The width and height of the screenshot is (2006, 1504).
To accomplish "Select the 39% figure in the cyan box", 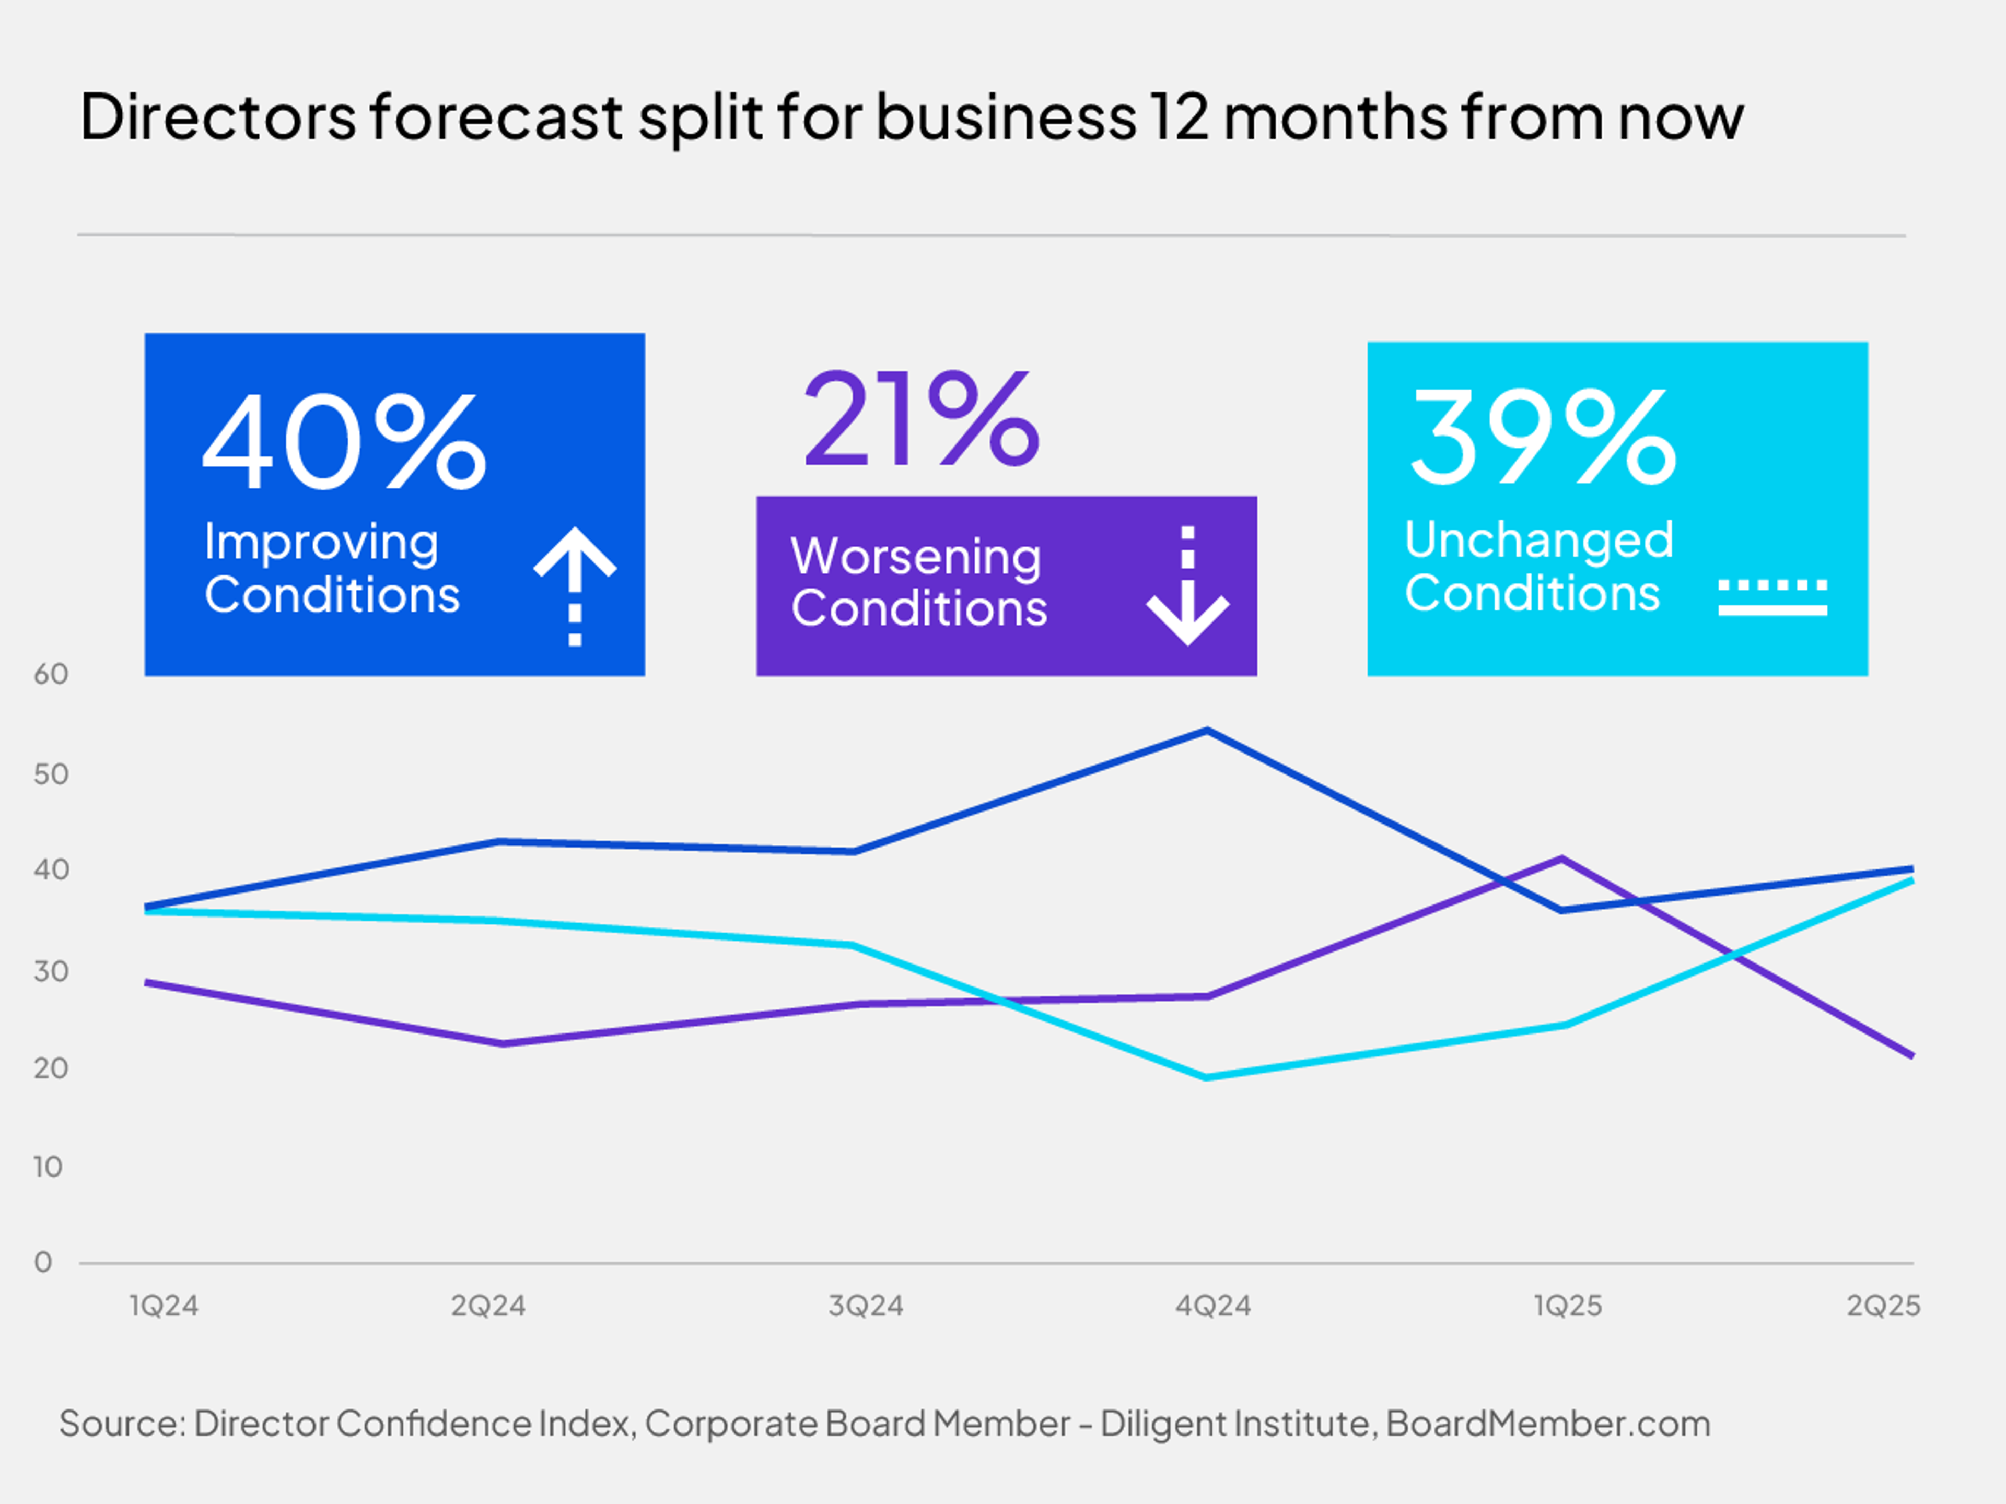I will [1542, 437].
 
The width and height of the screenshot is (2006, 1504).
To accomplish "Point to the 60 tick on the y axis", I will [51, 674].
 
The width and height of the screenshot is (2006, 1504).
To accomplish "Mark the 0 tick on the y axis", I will [43, 1262].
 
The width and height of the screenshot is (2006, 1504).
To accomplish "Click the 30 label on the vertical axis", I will [51, 971].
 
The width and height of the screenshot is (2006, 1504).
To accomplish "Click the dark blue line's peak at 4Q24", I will [1207, 730].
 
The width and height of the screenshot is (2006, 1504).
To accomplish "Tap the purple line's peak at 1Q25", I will [1561, 857].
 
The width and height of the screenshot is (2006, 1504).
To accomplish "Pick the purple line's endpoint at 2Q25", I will [1911, 1055].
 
